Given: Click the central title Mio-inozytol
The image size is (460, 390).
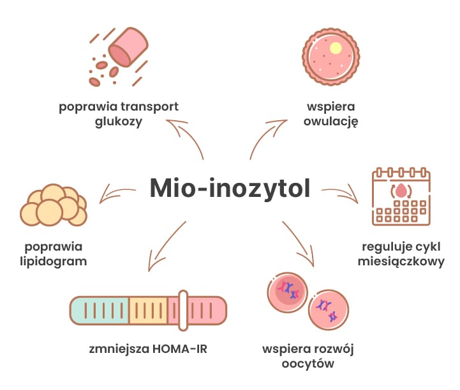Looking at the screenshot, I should click(x=230, y=189).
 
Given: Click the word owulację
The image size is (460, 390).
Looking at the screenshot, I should click(x=330, y=121).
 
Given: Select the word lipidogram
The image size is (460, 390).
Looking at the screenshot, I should click(x=56, y=261).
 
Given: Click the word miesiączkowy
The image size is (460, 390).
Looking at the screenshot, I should click(x=402, y=261).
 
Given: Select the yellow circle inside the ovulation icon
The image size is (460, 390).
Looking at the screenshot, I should click(x=336, y=48).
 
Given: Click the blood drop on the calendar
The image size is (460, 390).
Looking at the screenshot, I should click(x=401, y=191).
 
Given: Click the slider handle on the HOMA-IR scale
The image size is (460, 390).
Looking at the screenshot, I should click(x=183, y=311).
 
